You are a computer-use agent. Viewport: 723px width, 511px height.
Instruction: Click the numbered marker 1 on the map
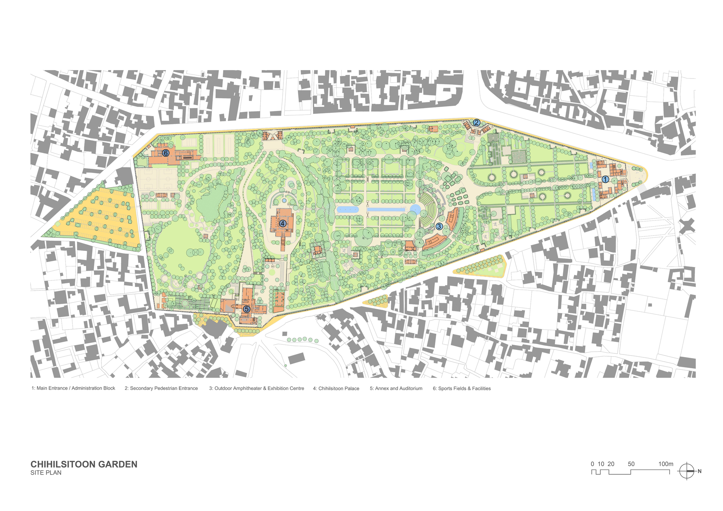point(605,179)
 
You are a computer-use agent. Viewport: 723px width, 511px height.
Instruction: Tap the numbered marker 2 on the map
point(476,123)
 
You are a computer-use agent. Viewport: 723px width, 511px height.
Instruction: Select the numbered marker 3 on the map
point(439,227)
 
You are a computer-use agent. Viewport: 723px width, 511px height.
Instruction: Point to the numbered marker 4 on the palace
point(282,223)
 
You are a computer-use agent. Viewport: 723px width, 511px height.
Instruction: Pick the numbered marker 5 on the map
point(247,309)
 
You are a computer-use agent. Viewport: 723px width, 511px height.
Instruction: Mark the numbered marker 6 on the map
point(166,153)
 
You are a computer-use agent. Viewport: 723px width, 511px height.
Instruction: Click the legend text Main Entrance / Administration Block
point(73,388)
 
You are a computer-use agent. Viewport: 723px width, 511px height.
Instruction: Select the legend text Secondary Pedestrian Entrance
point(161,388)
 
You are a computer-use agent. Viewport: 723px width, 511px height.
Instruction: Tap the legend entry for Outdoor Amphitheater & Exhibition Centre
point(256,388)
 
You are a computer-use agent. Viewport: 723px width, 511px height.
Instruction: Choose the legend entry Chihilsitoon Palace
point(336,388)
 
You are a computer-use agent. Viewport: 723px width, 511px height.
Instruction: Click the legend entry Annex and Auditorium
point(396,388)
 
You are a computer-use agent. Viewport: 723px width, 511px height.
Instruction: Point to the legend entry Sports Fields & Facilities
point(462,388)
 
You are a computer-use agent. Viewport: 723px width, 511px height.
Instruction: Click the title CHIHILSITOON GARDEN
point(84,464)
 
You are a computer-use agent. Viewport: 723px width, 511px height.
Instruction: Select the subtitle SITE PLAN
point(46,473)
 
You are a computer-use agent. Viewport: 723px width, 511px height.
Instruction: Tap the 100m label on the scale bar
point(666,464)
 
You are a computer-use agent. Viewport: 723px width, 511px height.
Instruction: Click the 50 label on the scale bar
point(631,464)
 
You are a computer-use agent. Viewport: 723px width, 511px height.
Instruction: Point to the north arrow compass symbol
point(686,471)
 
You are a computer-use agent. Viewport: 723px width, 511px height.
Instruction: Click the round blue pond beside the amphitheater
point(415,209)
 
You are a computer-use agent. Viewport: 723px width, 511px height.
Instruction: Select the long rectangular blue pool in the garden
point(386,209)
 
